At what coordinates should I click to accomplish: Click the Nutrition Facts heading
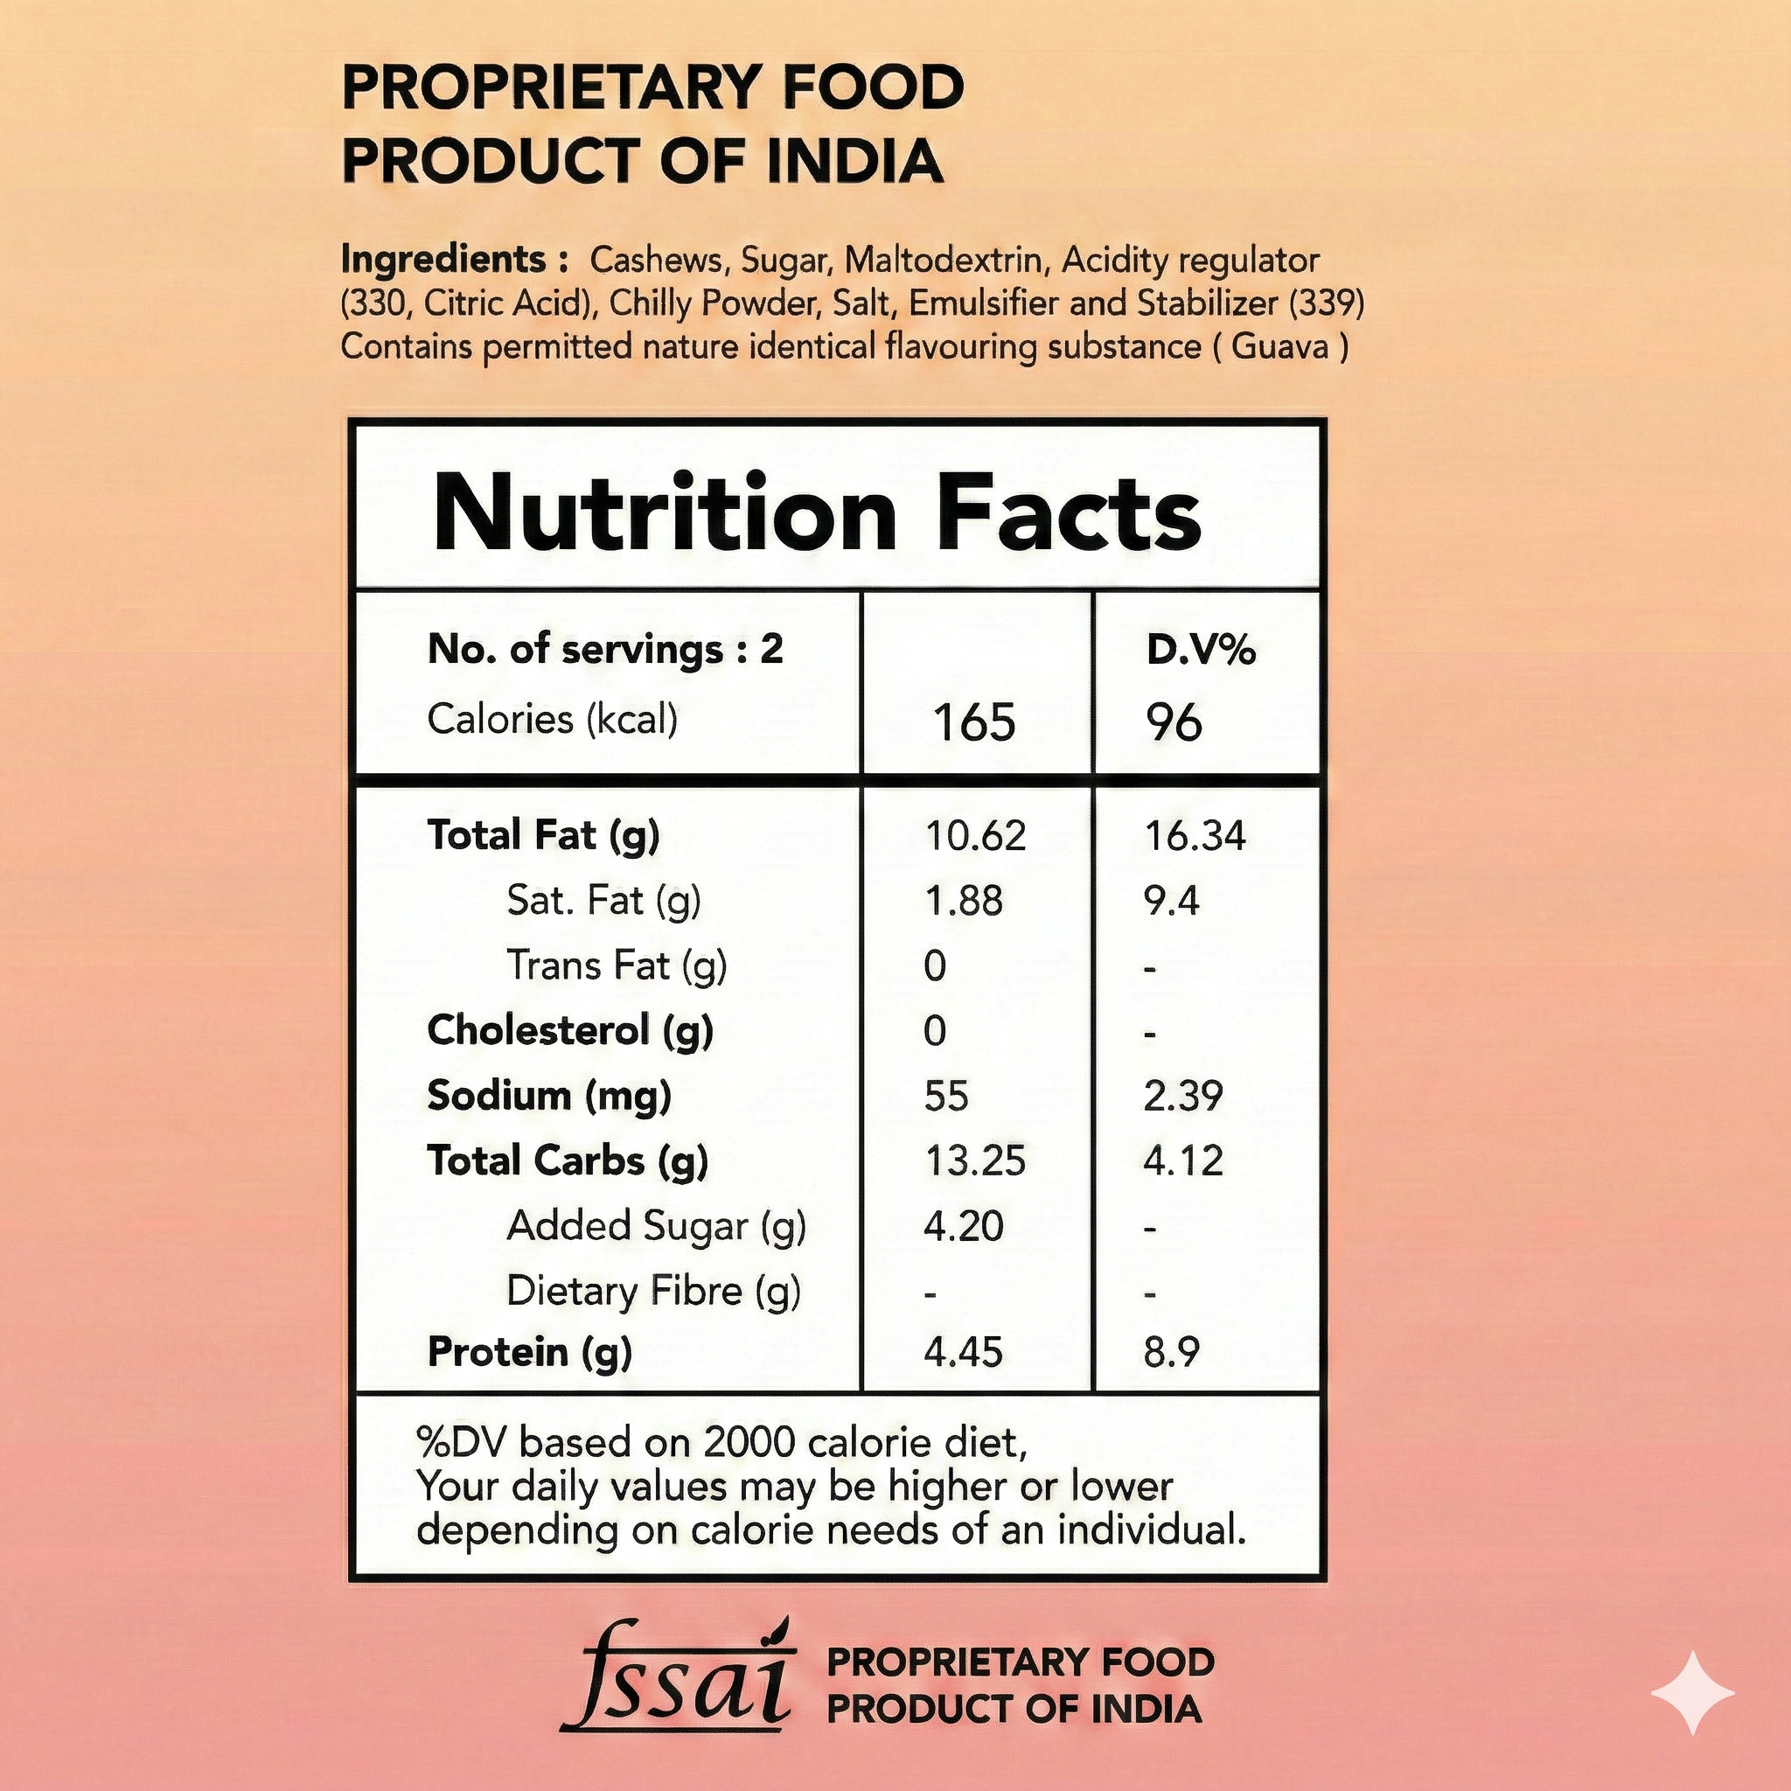(x=816, y=512)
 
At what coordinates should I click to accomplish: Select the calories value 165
(x=974, y=722)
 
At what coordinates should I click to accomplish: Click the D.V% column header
(x=1201, y=650)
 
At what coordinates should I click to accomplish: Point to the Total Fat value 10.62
(x=975, y=836)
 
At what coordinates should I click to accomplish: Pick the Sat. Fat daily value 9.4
(x=1171, y=901)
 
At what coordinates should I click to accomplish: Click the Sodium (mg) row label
(x=549, y=1096)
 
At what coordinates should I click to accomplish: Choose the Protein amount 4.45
(x=963, y=1353)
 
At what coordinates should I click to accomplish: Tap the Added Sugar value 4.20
(x=963, y=1226)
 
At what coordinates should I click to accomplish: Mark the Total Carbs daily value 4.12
(x=1183, y=1161)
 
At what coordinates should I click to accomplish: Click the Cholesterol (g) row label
(x=570, y=1031)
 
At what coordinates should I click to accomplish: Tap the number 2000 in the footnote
(x=750, y=1442)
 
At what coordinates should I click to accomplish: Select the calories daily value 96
(x=1174, y=722)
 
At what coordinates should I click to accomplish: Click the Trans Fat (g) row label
(x=617, y=966)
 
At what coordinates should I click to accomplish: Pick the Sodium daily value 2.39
(x=1183, y=1097)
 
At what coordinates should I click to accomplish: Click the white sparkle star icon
(x=1693, y=1692)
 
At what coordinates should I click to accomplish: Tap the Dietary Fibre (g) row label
(x=653, y=1292)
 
